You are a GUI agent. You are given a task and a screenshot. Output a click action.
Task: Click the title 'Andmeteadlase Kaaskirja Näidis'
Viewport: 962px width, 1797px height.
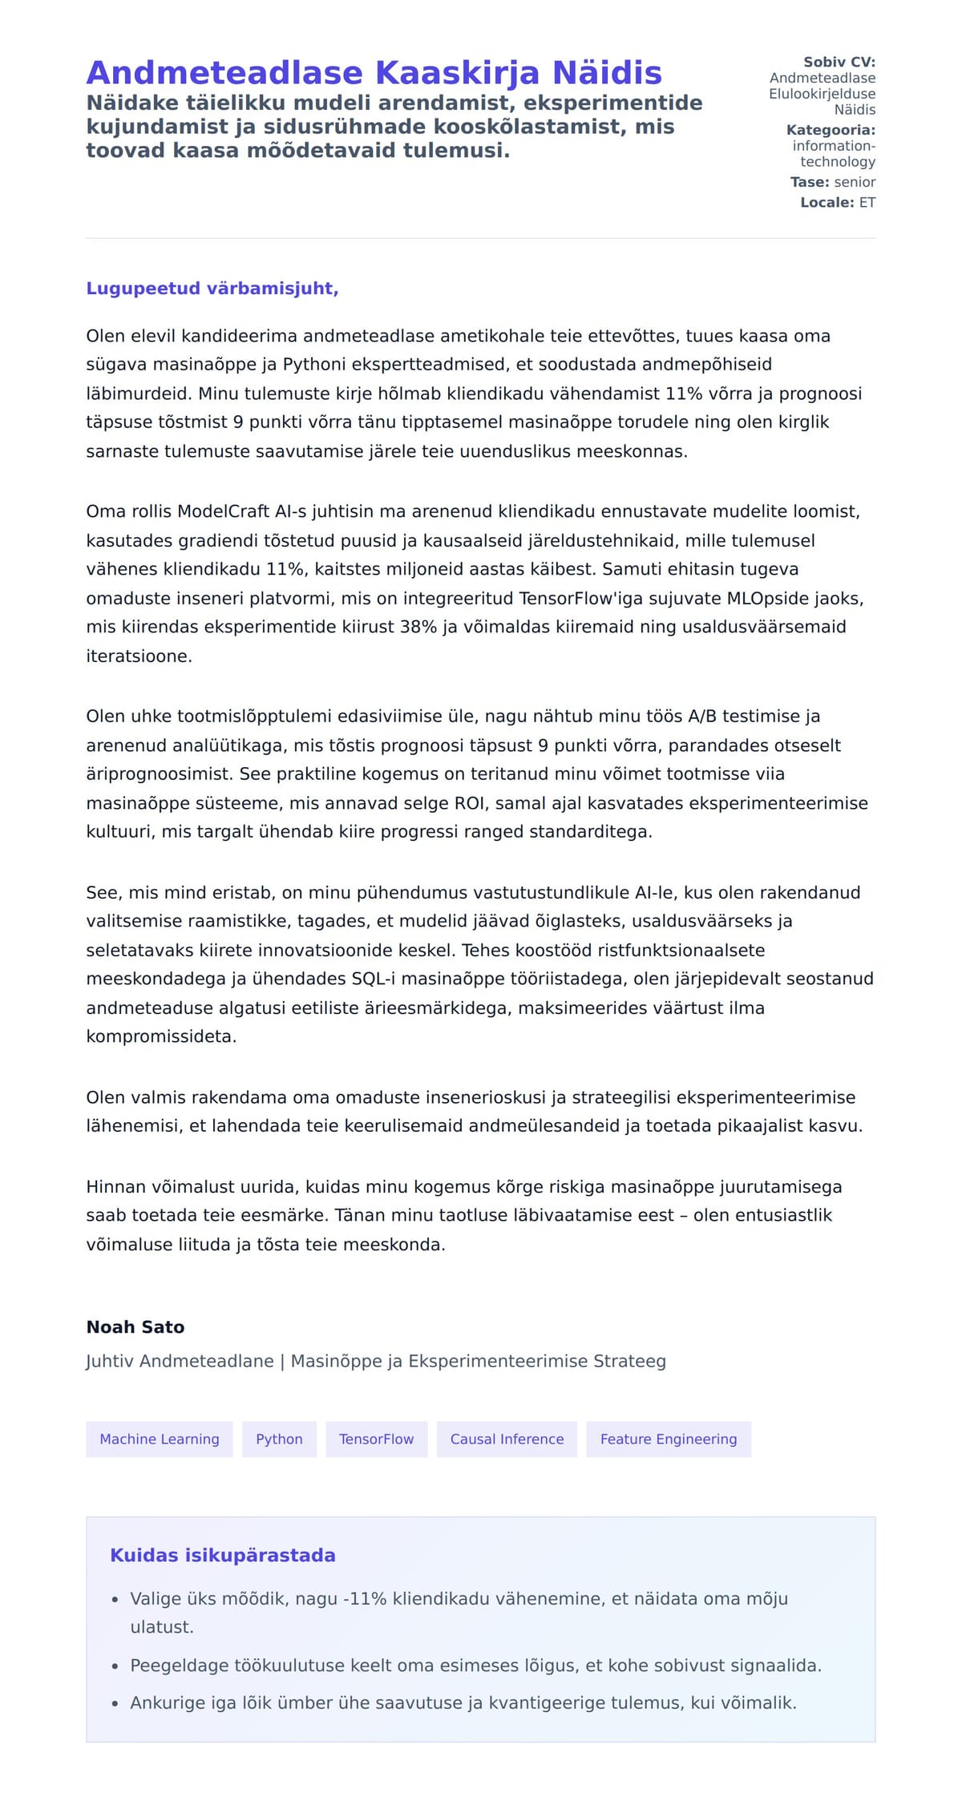coord(374,73)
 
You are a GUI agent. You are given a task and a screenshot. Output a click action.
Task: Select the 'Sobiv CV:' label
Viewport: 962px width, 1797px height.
coord(839,62)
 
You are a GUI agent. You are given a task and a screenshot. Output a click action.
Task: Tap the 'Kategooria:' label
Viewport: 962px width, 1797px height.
coord(831,130)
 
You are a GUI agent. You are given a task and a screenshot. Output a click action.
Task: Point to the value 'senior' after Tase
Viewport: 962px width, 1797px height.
coord(855,182)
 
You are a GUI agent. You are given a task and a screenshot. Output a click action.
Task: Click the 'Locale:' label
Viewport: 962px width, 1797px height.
coord(827,203)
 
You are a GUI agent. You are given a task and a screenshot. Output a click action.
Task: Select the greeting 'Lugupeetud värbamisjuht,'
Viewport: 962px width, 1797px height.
coord(212,289)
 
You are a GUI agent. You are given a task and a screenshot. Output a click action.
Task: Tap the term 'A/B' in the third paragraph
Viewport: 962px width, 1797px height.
coord(703,717)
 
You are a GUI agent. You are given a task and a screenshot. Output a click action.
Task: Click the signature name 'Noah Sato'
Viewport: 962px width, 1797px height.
coord(135,1327)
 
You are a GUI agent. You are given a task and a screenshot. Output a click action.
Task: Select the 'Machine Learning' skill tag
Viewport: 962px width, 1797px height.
coord(160,1440)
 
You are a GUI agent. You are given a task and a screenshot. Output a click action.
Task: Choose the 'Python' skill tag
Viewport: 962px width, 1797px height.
coord(279,1440)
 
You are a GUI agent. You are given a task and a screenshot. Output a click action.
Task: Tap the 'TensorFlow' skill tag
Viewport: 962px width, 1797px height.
coord(376,1440)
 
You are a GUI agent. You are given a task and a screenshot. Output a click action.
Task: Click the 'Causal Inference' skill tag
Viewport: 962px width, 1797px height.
coord(507,1440)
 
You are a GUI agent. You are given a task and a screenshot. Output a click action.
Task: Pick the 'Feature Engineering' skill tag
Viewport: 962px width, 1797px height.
coord(668,1440)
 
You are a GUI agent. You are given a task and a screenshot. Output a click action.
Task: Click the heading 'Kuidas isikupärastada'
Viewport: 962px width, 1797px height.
coord(223,1556)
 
